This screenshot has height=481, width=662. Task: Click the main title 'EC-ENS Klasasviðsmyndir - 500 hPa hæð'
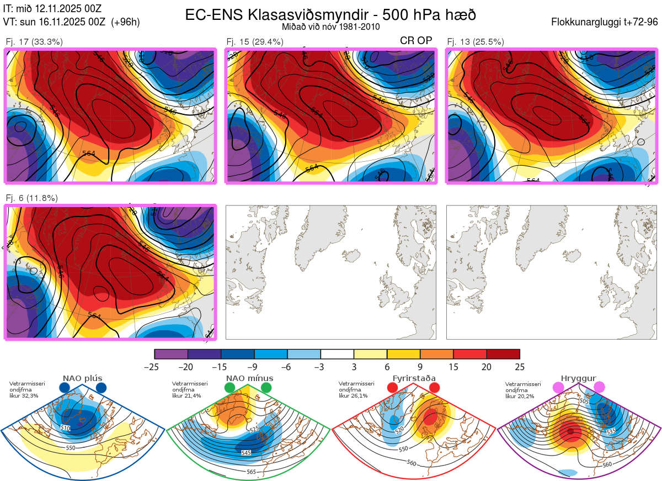coord(330,14)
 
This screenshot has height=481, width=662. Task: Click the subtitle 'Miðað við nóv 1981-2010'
coord(330,27)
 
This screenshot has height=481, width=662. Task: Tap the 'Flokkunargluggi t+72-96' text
coord(605,22)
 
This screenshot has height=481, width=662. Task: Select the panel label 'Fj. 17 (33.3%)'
coord(34,41)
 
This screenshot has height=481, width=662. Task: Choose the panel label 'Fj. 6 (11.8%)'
coord(31,198)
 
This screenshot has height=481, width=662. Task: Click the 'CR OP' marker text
coord(415,41)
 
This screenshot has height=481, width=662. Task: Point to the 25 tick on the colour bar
coord(519,367)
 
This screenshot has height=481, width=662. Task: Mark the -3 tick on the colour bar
coord(321,367)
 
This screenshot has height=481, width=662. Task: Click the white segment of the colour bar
coord(337,353)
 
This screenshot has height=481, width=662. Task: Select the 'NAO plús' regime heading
coord(82,378)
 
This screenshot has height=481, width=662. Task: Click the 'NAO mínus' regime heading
coord(249,378)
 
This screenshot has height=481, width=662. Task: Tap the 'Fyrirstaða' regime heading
coord(414,378)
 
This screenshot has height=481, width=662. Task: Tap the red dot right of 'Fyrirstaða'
coord(434,388)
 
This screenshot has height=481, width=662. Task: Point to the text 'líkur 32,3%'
coord(24,396)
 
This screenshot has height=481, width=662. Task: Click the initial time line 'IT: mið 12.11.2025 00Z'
coord(52,8)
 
